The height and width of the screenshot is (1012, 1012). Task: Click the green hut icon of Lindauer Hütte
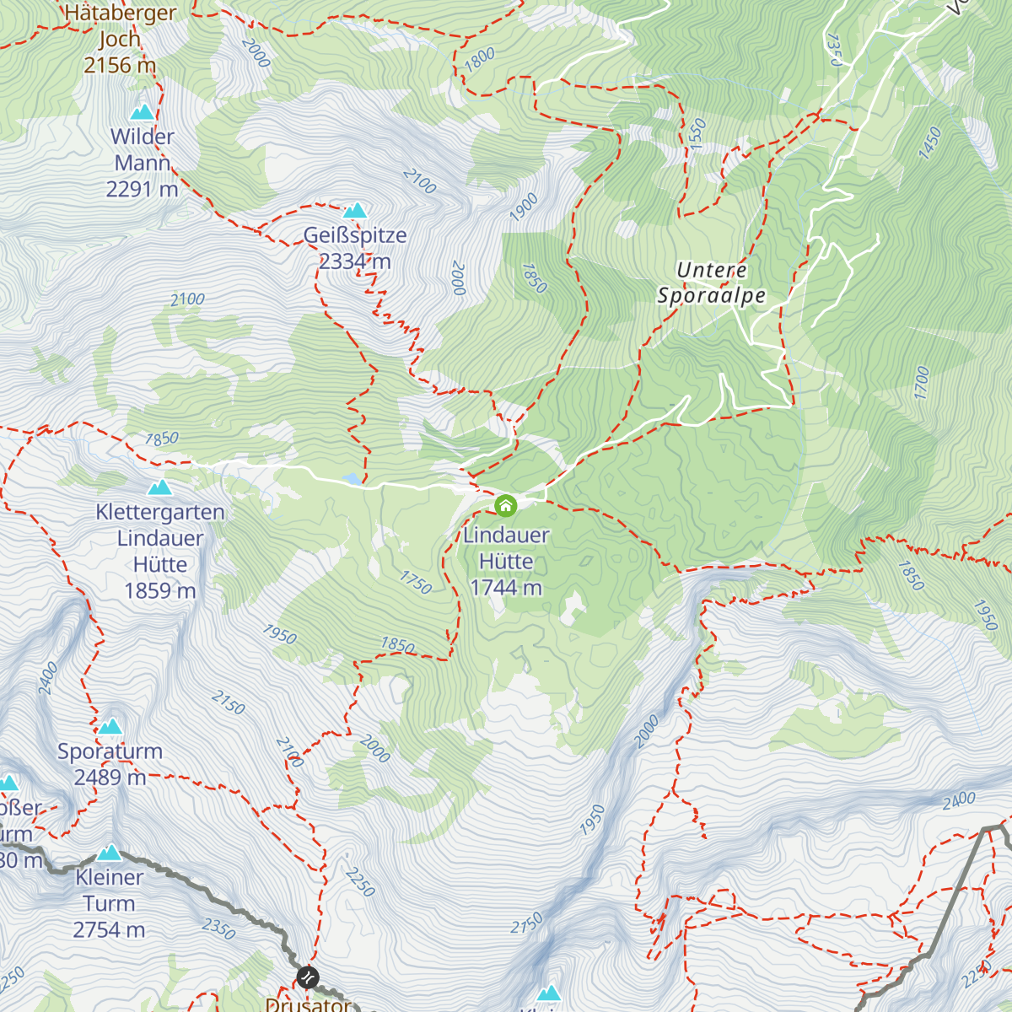pos(505,506)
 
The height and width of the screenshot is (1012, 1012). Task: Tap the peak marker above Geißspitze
pos(355,210)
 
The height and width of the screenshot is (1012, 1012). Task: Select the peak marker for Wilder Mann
pos(142,112)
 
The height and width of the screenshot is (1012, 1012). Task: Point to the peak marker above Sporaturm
pos(110,726)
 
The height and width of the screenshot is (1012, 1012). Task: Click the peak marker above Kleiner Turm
pos(110,853)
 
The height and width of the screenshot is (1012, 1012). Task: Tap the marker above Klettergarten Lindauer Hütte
pos(159,487)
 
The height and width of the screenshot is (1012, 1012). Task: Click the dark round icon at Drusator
pos(308,977)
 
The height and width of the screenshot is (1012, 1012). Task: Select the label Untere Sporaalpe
pos(712,283)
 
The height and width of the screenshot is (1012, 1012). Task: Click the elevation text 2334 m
pos(355,261)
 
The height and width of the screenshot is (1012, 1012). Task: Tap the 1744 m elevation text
pos(506,588)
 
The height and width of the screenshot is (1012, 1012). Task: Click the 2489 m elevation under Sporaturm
pos(110,778)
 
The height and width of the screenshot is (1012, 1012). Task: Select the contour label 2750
pos(526,924)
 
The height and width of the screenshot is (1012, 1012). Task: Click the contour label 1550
pos(697,134)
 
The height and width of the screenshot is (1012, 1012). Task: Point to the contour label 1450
pos(930,143)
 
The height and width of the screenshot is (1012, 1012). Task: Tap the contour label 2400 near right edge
pos(959,799)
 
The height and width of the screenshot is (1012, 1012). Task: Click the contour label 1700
pos(921,383)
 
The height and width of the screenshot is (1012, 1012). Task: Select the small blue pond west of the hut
pos(351,480)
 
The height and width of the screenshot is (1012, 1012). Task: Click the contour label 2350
pos(218,929)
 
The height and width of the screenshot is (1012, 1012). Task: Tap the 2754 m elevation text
pos(109,930)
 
